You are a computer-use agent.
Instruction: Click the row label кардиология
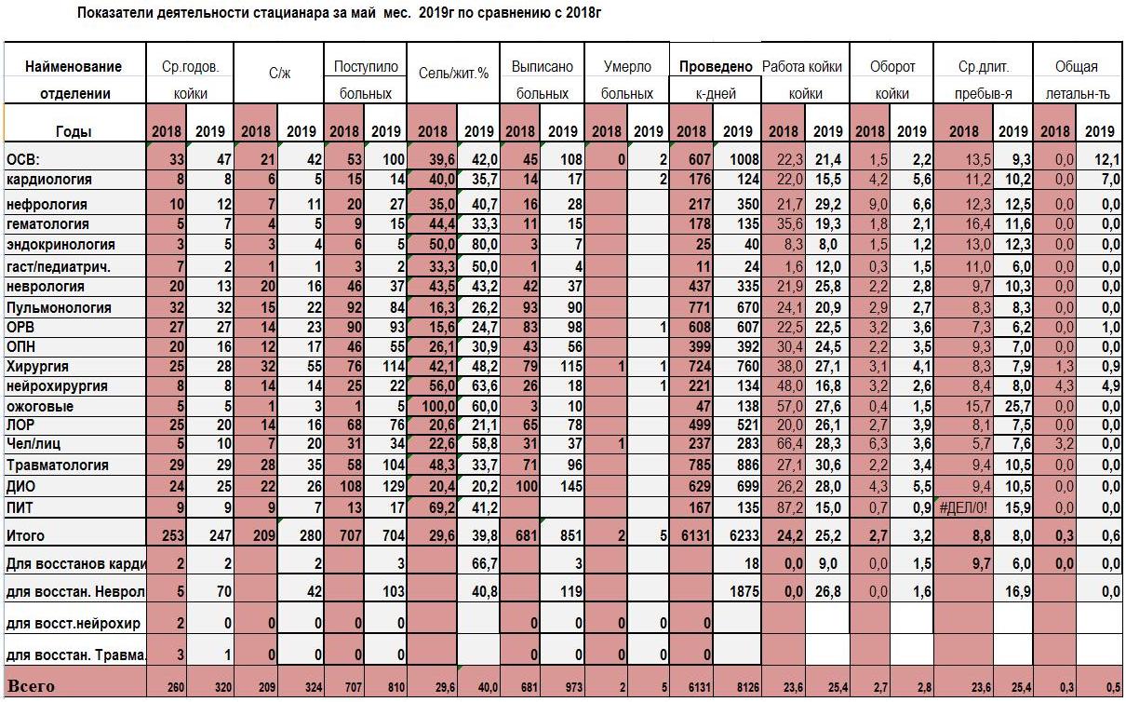point(48,180)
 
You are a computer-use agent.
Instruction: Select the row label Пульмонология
point(59,308)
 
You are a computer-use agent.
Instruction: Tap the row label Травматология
point(58,466)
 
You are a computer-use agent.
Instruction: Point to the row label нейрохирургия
point(57,386)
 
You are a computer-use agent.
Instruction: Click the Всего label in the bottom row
point(31,686)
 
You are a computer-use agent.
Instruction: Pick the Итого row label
point(25,536)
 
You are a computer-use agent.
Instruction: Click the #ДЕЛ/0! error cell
point(962,508)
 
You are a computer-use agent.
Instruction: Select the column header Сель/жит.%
point(453,74)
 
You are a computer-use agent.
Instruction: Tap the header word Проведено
point(716,66)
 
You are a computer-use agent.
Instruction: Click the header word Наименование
point(74,66)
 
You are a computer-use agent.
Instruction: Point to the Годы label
point(74,132)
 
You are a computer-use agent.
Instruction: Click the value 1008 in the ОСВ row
point(744,159)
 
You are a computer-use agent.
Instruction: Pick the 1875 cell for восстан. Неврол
point(744,592)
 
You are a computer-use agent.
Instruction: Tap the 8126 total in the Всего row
point(747,687)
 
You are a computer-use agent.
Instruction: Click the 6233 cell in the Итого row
point(744,536)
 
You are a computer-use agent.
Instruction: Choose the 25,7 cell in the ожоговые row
point(1017,406)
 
